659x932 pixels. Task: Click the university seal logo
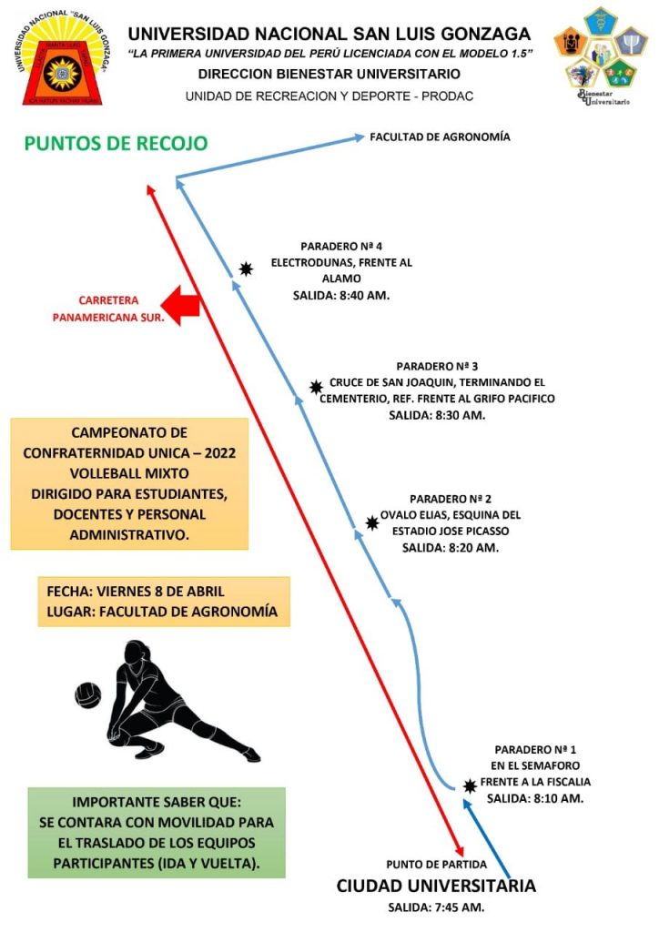(62, 57)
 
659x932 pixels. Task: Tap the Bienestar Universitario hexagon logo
(600, 56)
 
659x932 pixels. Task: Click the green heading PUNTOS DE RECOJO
(116, 143)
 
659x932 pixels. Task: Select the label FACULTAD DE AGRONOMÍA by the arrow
(440, 137)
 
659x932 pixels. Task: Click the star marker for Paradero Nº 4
(246, 268)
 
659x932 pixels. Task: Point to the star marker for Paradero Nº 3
(316, 388)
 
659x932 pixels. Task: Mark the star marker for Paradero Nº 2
(372, 523)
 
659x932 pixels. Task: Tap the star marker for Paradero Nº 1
(470, 786)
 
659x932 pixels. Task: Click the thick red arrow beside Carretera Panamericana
(180, 306)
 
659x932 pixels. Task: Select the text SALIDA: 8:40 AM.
(341, 296)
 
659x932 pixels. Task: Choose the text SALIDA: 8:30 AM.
(437, 415)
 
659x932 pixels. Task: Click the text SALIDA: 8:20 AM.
(450, 547)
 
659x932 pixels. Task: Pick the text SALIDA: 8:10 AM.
(535, 798)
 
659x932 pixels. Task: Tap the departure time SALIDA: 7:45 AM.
(436, 907)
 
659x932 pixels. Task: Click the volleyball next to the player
(88, 695)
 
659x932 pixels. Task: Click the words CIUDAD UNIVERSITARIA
(436, 886)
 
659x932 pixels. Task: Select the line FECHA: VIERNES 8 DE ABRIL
(136, 592)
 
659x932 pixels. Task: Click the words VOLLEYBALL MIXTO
(129, 473)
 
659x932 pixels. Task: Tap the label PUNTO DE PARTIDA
(436, 865)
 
